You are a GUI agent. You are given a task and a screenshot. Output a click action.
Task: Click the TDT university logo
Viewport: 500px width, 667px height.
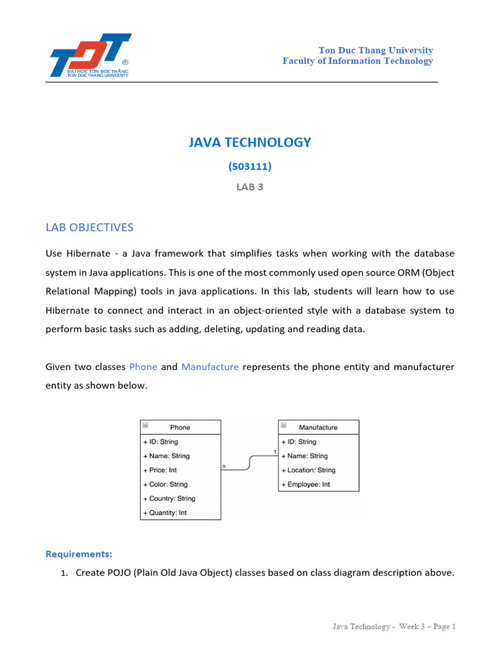click(x=90, y=56)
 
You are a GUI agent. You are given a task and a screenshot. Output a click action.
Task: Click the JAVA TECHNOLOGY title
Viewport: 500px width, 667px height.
click(x=250, y=142)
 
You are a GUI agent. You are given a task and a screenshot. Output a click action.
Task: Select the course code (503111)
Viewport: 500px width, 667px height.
click(x=250, y=166)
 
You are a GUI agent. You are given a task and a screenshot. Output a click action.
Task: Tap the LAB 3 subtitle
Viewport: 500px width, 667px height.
click(x=250, y=186)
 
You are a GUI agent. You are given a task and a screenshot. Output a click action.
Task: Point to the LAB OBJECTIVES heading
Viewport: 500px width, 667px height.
click(x=89, y=227)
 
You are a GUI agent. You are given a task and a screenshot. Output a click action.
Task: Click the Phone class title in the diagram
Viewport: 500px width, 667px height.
click(x=180, y=427)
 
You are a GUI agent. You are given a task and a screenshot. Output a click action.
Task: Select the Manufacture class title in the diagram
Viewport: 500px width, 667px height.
click(x=318, y=427)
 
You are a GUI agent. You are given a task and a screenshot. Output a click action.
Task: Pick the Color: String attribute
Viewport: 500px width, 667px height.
click(x=165, y=485)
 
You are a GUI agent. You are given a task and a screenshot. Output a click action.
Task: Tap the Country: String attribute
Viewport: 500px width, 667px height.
click(x=169, y=499)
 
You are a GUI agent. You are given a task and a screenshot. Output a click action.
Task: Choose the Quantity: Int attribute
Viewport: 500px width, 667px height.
click(x=165, y=513)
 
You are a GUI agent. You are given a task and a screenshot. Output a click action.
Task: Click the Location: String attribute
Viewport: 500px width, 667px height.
click(x=309, y=470)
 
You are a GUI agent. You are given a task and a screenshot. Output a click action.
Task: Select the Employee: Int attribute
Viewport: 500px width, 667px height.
click(x=306, y=485)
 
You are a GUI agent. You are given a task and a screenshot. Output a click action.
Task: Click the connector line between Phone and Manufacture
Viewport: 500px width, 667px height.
click(x=250, y=462)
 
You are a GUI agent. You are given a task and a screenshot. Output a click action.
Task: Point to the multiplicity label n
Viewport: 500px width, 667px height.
click(x=224, y=466)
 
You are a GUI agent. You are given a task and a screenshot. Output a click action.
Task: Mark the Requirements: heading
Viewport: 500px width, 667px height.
click(x=79, y=554)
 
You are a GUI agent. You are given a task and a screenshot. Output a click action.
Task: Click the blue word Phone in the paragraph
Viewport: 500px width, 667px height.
click(x=143, y=367)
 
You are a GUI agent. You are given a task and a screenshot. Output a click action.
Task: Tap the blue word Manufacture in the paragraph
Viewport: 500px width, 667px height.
click(x=210, y=367)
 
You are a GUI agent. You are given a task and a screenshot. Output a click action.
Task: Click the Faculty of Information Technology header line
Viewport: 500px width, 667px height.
click(x=357, y=61)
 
